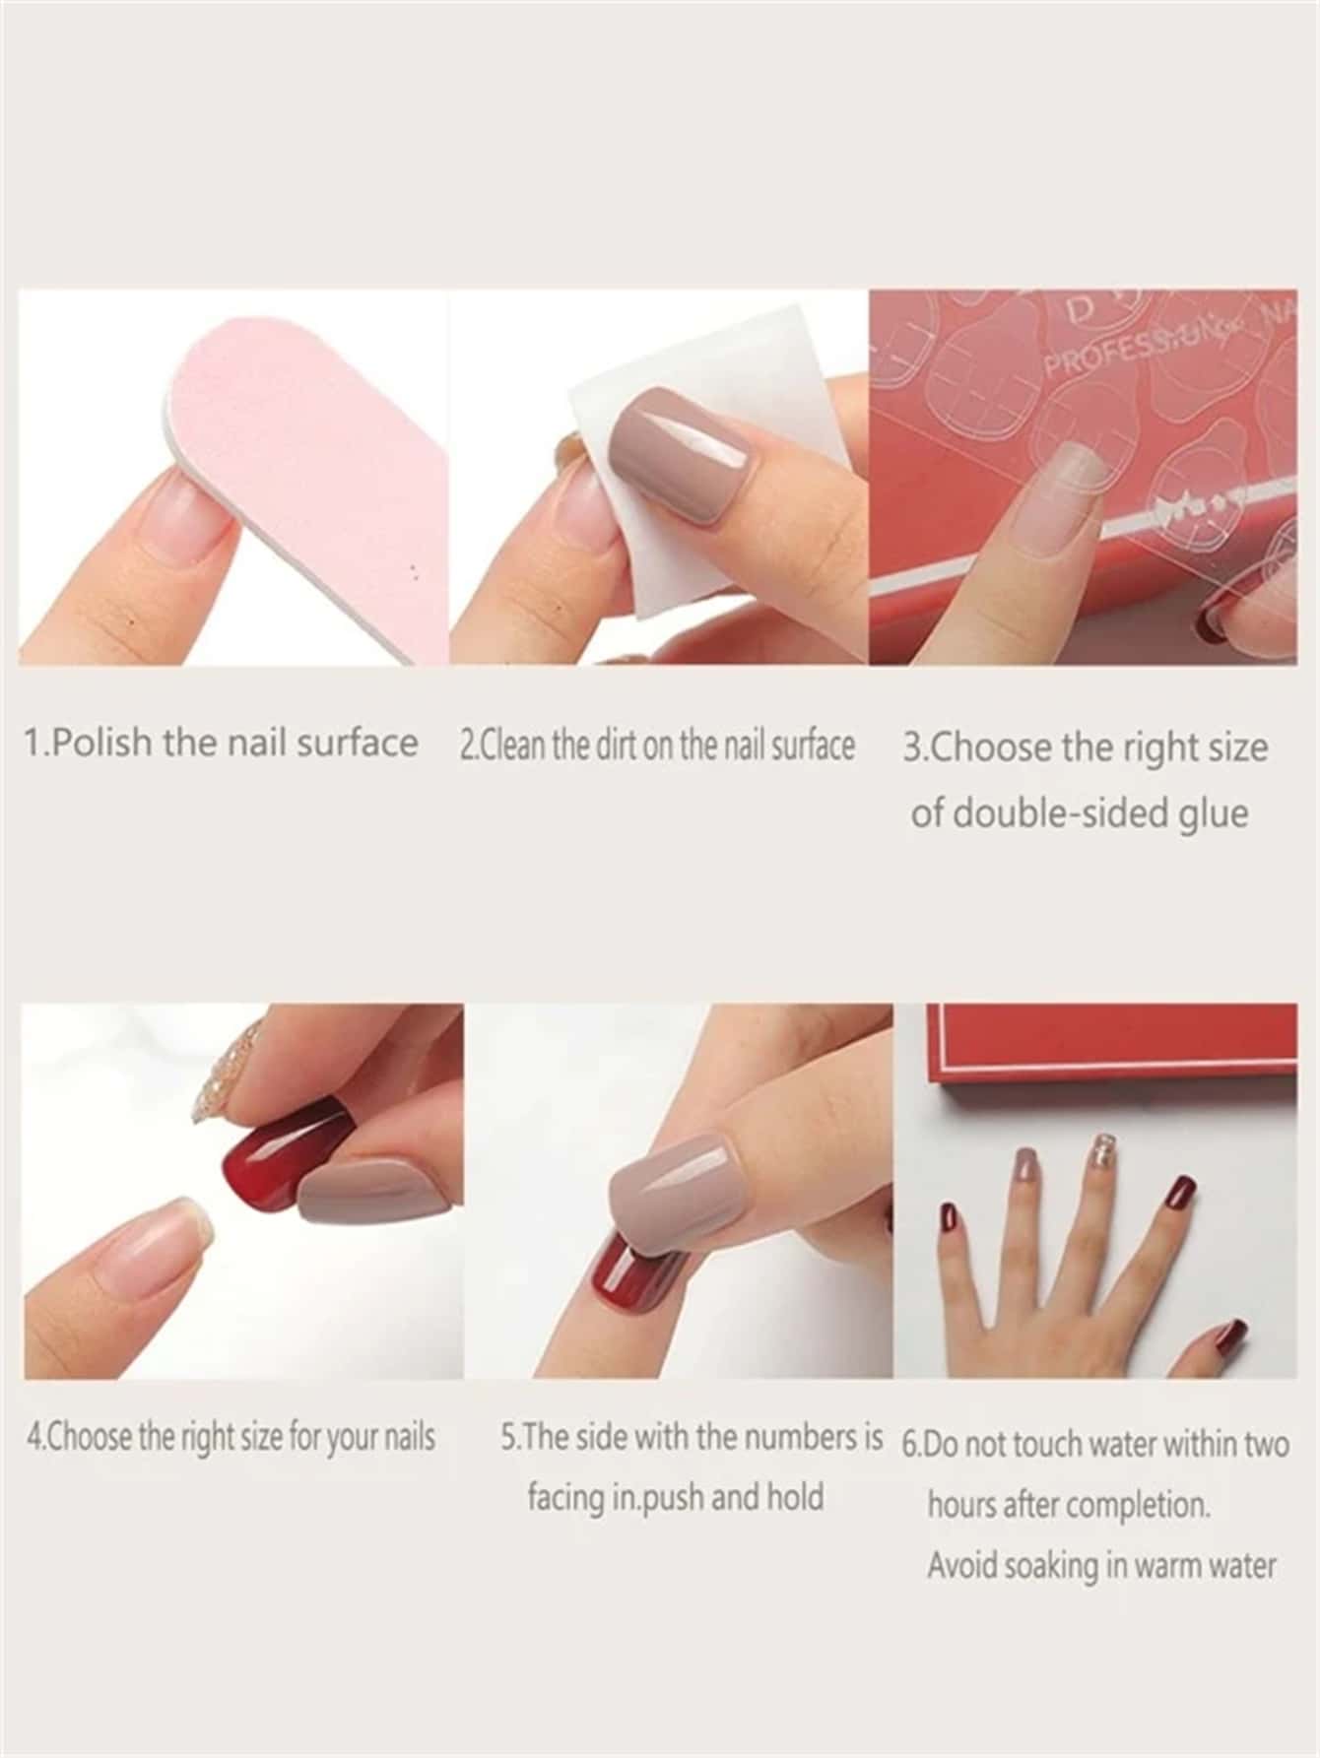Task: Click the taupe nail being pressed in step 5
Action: (680, 1191)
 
